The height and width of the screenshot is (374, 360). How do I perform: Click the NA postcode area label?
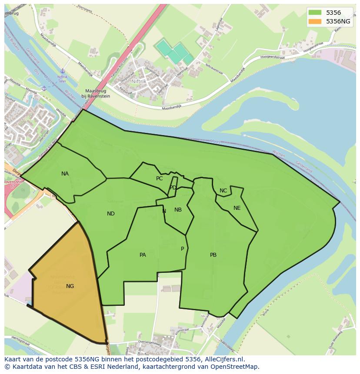coord(65,174)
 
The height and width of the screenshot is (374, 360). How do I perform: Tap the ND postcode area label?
coord(111,214)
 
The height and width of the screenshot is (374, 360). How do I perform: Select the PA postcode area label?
coord(143,255)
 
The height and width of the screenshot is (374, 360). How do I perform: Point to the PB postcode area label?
coord(213,255)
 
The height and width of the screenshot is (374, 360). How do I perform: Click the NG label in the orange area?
coord(70,286)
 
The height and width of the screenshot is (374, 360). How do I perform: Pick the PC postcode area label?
coord(159,179)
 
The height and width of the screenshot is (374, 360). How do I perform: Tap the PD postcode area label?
coord(173,188)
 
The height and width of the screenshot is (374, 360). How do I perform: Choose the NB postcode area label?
coord(178,210)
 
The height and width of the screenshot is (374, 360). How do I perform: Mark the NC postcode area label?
coord(223,191)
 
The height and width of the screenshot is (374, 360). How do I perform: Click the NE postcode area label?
coord(237,208)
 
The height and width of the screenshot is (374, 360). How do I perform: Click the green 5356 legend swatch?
coord(315,13)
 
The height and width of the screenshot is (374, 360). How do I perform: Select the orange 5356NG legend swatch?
coord(315,21)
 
